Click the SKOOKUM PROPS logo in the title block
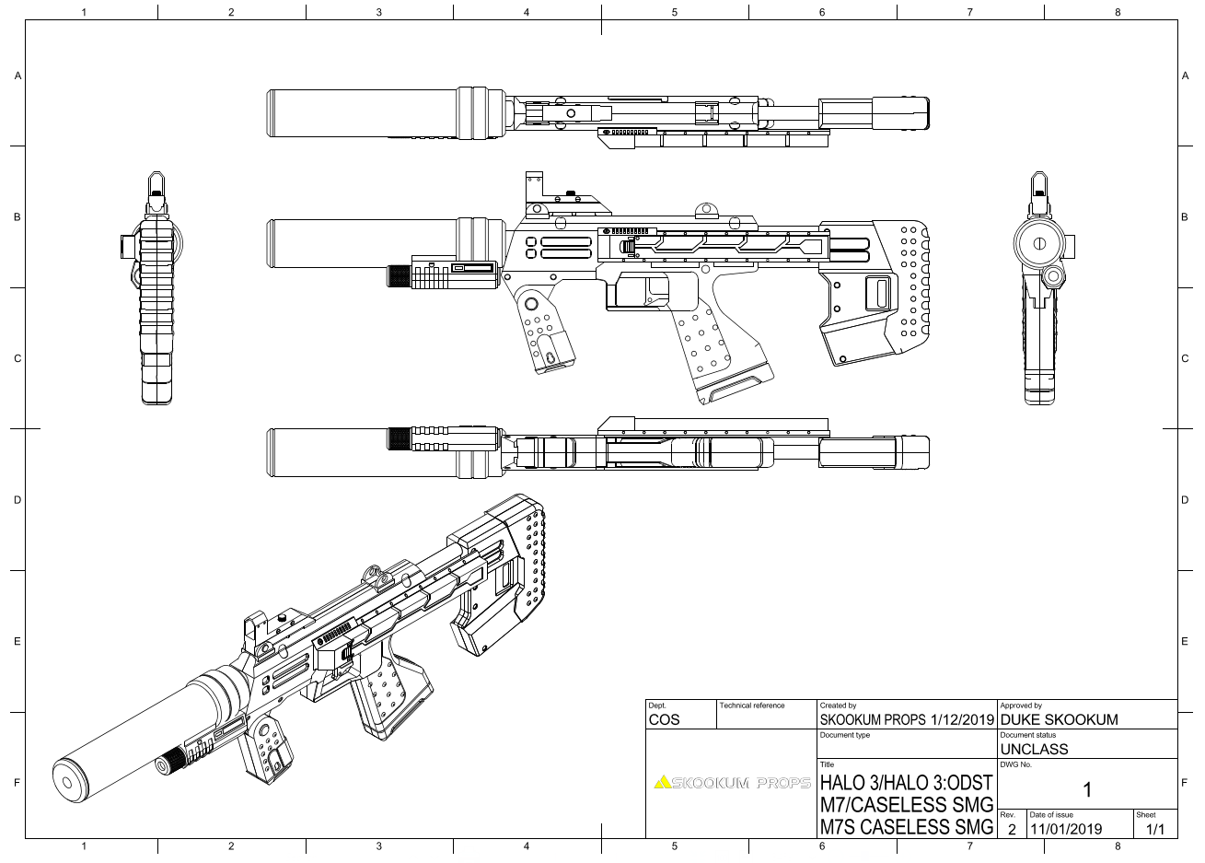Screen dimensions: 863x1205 click(732, 784)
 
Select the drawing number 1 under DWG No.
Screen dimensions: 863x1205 click(1086, 789)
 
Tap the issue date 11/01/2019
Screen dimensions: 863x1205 click(1065, 829)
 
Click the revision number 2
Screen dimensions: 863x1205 click(1011, 829)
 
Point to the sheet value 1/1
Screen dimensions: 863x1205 click(1154, 829)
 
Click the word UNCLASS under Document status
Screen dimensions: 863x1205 click(1034, 749)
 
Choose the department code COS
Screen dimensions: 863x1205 click(664, 719)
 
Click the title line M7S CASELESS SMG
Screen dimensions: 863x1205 click(906, 827)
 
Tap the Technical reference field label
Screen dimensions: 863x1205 click(752, 706)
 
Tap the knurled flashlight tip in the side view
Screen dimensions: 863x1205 click(398, 276)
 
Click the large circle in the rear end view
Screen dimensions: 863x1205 click(1039, 244)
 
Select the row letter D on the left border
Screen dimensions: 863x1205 click(17, 500)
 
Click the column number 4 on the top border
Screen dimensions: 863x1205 click(527, 12)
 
